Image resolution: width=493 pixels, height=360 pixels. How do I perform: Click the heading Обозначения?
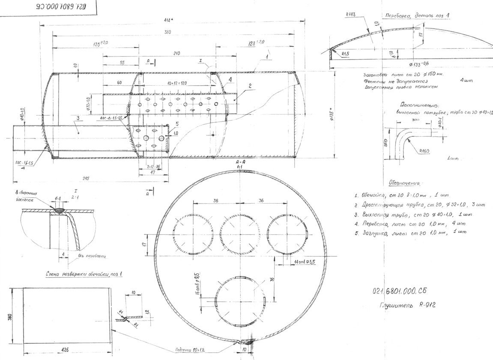coord(404,183)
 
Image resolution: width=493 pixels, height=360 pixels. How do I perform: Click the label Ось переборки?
coord(92,256)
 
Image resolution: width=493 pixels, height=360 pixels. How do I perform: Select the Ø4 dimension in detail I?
coord(58,198)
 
